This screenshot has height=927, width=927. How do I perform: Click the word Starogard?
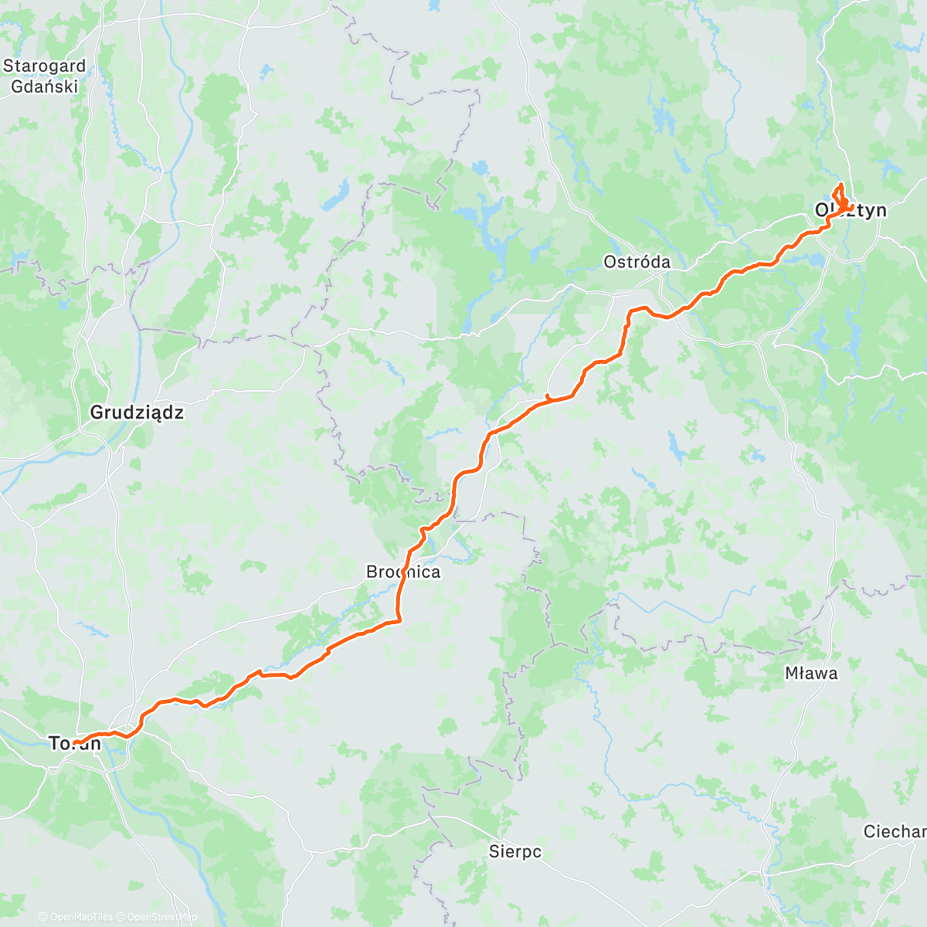[x=44, y=66]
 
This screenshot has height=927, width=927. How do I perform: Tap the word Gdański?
[x=44, y=86]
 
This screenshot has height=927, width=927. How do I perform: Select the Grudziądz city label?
[x=137, y=413]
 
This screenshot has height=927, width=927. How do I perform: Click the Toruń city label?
[x=75, y=743]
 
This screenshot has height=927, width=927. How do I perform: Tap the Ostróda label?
[x=637, y=262]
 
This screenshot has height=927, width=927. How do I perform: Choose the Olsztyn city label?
[x=851, y=210]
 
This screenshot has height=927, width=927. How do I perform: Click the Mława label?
[x=811, y=673]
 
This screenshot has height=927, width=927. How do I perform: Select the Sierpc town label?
[x=515, y=852]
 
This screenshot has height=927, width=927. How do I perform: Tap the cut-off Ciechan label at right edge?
[x=895, y=832]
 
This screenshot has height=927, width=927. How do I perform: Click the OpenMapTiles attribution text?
[x=80, y=917]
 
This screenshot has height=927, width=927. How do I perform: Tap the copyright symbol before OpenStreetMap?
[x=121, y=917]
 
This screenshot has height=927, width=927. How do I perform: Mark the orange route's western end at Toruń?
[x=75, y=743]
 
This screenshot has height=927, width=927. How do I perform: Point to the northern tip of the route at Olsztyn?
[x=840, y=183]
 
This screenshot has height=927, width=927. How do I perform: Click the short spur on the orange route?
[x=547, y=397]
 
